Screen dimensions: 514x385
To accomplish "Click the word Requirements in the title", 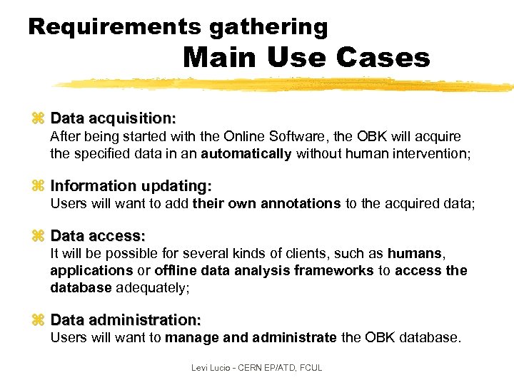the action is tap(114, 27).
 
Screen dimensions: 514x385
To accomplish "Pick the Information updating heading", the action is tap(131, 186).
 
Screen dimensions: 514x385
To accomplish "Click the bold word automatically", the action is tap(246, 153).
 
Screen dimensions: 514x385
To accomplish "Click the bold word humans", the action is tap(415, 253).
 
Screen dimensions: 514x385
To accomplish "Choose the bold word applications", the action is tap(91, 270).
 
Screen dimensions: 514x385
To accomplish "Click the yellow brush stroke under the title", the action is tap(286, 85).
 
